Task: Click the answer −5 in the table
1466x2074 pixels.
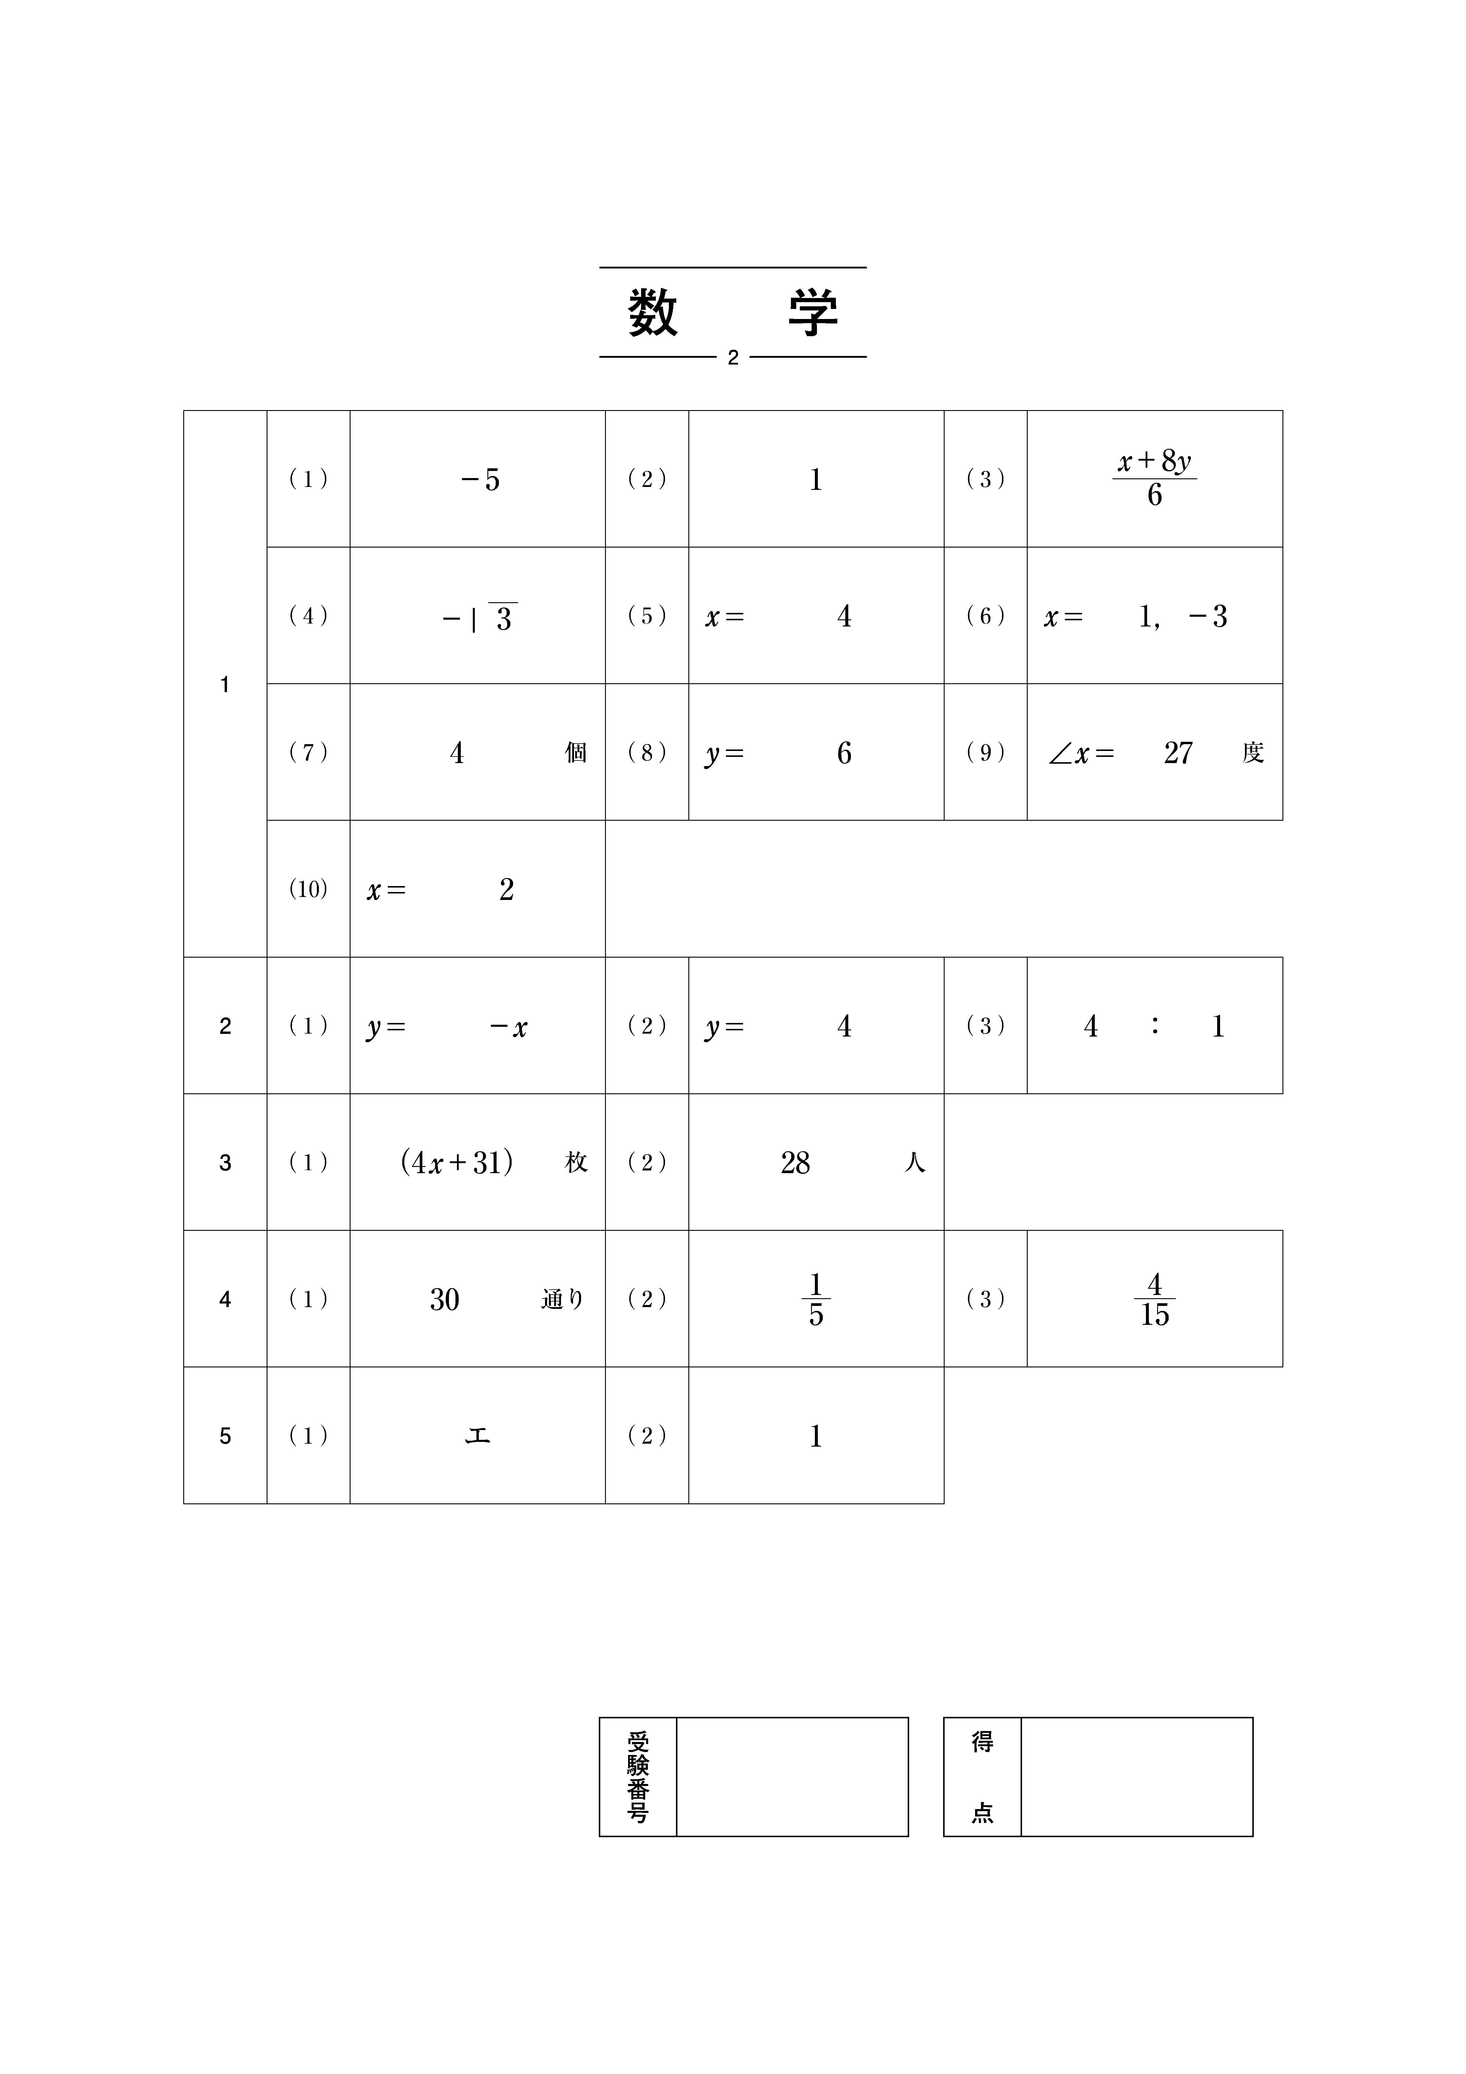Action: click(x=480, y=480)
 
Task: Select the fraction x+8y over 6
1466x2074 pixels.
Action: click(x=1154, y=479)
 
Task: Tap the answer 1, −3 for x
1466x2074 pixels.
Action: click(x=1182, y=617)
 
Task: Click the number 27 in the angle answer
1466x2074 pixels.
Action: click(x=1178, y=753)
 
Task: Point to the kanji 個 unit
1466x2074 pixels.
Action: click(x=575, y=753)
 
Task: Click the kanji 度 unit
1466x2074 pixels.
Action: click(x=1253, y=753)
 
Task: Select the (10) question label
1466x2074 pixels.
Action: click(x=308, y=890)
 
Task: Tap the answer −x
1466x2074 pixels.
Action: click(x=509, y=1027)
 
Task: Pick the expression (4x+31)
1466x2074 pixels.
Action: click(x=457, y=1163)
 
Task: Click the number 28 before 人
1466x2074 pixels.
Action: click(x=795, y=1163)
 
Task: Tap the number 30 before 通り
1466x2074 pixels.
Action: click(x=445, y=1300)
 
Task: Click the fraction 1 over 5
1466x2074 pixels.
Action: click(x=816, y=1300)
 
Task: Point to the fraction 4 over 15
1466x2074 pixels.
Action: click(x=1154, y=1300)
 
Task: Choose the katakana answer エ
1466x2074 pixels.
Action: click(x=478, y=1436)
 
